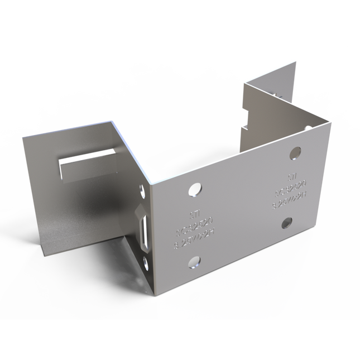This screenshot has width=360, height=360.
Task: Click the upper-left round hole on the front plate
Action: coord(194,189)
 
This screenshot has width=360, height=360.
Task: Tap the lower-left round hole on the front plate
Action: coord(194,261)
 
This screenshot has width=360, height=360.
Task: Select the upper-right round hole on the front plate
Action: coord(295,152)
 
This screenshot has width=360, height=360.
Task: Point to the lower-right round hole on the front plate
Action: coord(286,223)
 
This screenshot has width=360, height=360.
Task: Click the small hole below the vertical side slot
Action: coord(146,262)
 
